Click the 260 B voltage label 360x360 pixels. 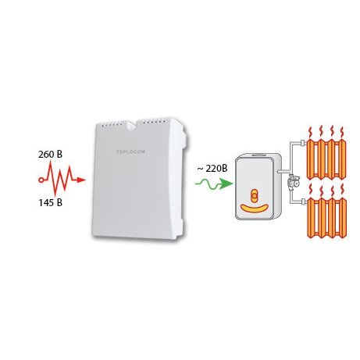point(50,155)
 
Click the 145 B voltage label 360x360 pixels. point(50,202)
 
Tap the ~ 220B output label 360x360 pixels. point(212,169)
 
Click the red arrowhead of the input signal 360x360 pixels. point(81,180)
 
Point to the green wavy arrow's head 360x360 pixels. point(226,184)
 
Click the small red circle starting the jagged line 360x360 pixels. point(41,180)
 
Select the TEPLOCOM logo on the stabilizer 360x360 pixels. point(130,151)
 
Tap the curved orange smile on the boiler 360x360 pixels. point(255,208)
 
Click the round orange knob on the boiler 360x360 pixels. point(254,195)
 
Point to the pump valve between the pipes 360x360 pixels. point(291,181)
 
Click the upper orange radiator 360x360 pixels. point(326,159)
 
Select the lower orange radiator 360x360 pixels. point(327,218)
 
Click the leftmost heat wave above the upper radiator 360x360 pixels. point(310,133)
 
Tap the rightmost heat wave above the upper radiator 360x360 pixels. point(342,133)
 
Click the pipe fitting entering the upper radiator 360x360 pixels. point(303,143)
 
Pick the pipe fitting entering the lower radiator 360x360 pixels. point(303,201)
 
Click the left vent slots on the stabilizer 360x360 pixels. point(112,125)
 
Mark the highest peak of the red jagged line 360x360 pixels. point(51,162)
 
